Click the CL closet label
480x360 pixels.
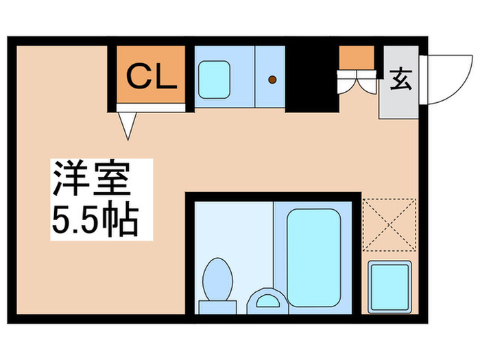152,75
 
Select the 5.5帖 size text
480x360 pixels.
95,219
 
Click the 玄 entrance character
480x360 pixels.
400,80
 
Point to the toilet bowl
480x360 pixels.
217,279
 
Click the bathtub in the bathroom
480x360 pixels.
314,258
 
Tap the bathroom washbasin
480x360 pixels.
267,301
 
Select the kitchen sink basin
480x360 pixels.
214,80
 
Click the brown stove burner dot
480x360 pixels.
272,80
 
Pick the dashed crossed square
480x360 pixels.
389,225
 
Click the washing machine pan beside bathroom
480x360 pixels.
389,287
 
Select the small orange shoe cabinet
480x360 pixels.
357,58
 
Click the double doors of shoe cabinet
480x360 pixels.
357,82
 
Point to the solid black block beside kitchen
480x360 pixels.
312,79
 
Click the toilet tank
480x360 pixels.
217,307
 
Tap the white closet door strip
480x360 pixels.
151,108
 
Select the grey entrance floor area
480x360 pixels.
399,82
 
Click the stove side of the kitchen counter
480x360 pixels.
270,77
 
